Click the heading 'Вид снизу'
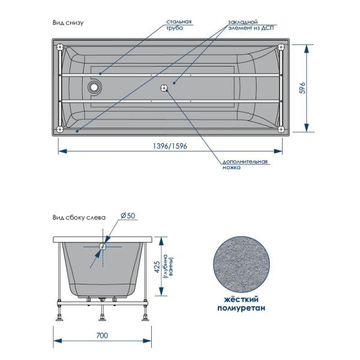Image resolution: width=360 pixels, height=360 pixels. click(x=67, y=23)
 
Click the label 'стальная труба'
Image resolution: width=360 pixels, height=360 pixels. click(x=179, y=25)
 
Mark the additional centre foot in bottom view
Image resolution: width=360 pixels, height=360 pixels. click(x=164, y=88)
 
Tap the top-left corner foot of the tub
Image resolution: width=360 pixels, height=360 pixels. click(x=59, y=47)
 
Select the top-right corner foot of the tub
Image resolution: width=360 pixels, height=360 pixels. click(x=281, y=47)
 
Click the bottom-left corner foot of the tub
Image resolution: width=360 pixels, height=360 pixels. click(x=59, y=128)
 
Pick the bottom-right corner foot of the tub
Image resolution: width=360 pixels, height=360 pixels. click(x=281, y=128)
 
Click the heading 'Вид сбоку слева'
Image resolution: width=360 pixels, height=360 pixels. click(x=79, y=218)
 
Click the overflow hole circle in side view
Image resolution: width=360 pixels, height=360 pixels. click(x=103, y=246)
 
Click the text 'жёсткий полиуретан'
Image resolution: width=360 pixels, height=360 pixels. click(x=240, y=303)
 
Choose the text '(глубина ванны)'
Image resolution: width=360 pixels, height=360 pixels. click(x=174, y=264)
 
